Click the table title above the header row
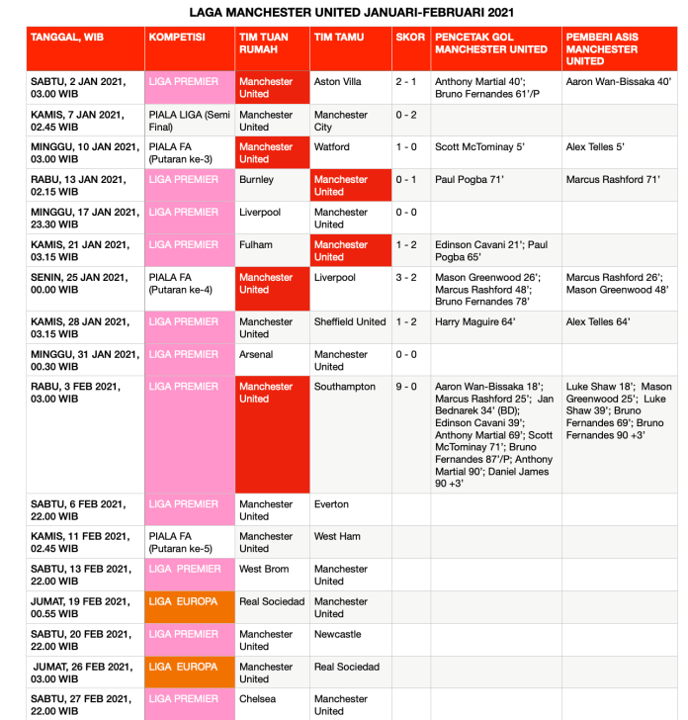(x=351, y=12)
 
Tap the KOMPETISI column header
(x=177, y=37)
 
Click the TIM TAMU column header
(x=338, y=37)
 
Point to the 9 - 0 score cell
(x=406, y=387)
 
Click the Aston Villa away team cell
(x=338, y=82)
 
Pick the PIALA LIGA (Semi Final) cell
(x=189, y=121)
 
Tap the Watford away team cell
(x=332, y=147)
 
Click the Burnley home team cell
(x=257, y=180)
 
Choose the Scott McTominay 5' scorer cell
(x=480, y=147)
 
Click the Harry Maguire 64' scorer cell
(x=475, y=322)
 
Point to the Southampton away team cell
(x=345, y=387)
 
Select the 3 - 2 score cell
(x=406, y=278)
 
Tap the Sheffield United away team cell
(x=350, y=322)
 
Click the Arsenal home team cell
(x=256, y=354)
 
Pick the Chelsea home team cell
(x=258, y=699)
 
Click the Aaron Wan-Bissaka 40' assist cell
(x=619, y=82)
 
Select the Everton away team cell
(x=331, y=504)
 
